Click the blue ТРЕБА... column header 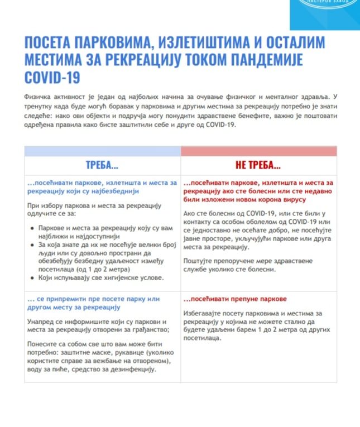tap(102, 166)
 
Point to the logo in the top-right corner tap(325, 8)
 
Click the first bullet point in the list tap(31, 228)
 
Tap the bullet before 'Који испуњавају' tap(31, 277)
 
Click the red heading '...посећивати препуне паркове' tap(232, 299)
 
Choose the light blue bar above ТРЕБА tap(102, 151)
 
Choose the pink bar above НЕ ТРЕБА tap(259, 151)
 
